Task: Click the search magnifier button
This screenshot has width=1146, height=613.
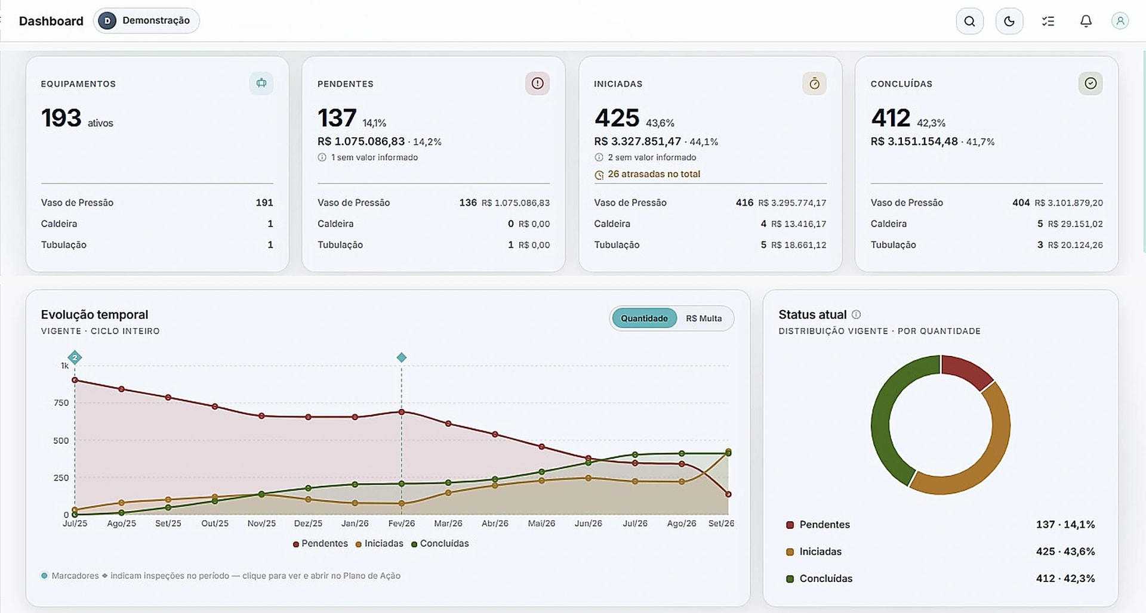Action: (969, 21)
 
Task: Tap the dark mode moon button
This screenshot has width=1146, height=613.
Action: (1009, 21)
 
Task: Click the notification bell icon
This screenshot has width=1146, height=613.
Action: (1086, 21)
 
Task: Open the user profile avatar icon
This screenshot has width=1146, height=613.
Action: (1120, 21)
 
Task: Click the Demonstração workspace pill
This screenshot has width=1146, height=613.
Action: (146, 21)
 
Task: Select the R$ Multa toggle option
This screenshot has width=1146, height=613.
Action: (704, 318)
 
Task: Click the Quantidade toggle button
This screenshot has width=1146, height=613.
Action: (644, 318)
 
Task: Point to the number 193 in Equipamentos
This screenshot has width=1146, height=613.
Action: (61, 118)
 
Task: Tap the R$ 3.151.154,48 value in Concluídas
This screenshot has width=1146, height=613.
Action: (914, 141)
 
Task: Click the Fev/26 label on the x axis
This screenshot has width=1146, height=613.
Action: (402, 524)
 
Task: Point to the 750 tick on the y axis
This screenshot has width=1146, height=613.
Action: (61, 403)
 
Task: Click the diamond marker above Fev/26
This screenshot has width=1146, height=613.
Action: (402, 358)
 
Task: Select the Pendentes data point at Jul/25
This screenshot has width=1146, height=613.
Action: (75, 380)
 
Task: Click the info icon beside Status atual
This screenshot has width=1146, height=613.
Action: (856, 314)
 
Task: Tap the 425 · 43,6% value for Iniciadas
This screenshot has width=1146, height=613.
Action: (1065, 552)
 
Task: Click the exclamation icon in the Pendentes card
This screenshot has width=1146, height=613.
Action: (537, 83)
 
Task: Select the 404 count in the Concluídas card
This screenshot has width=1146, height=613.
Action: (1021, 203)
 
